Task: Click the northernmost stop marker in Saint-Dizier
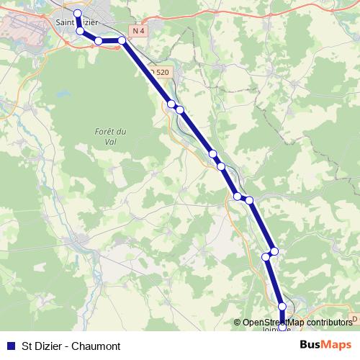[78, 14]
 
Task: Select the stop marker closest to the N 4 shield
[122, 40]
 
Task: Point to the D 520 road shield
[161, 72]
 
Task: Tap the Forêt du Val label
[110, 135]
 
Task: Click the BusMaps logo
[326, 345]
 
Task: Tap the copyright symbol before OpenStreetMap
[238, 323]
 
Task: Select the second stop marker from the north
[80, 31]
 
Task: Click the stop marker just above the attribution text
[282, 307]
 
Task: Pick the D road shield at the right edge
[354, 318]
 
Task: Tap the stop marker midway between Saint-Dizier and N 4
[98, 41]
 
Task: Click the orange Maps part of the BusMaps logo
[337, 345]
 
